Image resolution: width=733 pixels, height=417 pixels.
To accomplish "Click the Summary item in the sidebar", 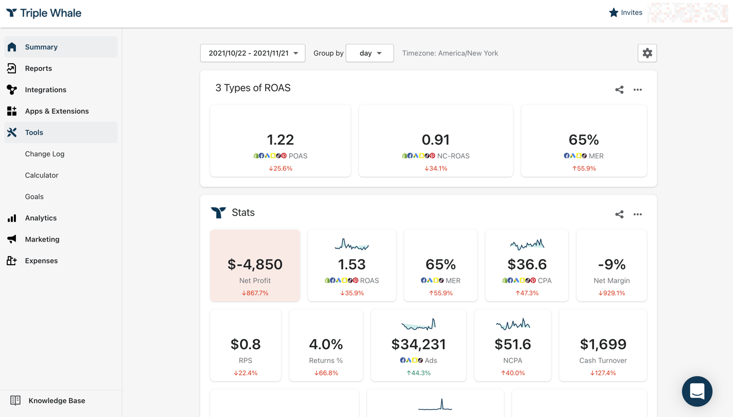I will [x=41, y=47].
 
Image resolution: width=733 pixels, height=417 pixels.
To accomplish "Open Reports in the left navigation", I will [x=38, y=68].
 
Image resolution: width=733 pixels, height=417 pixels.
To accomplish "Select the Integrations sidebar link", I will [x=45, y=90].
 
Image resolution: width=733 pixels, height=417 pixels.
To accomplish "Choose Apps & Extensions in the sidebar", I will [x=57, y=111].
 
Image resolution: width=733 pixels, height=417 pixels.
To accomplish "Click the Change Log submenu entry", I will [x=45, y=154].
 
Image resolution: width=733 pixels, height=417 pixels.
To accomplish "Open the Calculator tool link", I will [x=42, y=175].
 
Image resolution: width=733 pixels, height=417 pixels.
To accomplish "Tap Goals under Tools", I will [x=34, y=197].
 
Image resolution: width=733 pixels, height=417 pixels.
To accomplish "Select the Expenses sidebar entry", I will [x=41, y=261].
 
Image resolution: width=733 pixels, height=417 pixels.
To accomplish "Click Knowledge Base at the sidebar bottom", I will [x=57, y=401].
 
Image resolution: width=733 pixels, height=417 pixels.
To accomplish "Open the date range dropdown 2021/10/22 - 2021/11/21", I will [x=252, y=53].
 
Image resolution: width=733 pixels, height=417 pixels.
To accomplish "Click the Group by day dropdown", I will [x=370, y=53].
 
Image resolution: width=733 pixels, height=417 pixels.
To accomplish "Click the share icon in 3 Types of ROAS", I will [x=619, y=90].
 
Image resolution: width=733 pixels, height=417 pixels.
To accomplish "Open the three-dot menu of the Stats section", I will [x=637, y=214].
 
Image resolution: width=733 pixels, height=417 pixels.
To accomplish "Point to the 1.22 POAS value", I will [x=280, y=140].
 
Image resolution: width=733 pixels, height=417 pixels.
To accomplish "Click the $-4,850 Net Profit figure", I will [x=255, y=264].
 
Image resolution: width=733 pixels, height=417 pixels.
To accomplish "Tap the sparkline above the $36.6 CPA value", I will [x=527, y=245].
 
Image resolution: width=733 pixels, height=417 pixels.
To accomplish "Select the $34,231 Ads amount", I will [x=418, y=344].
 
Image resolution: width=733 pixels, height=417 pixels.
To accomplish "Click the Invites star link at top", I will [x=626, y=13].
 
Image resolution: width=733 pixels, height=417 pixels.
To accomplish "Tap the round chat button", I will [x=697, y=391].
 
